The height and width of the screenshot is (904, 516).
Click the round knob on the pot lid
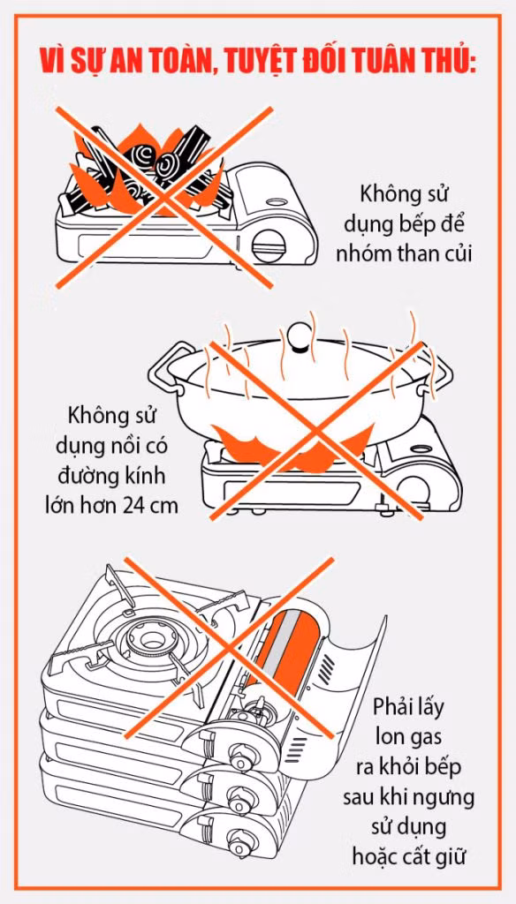click(x=300, y=338)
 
